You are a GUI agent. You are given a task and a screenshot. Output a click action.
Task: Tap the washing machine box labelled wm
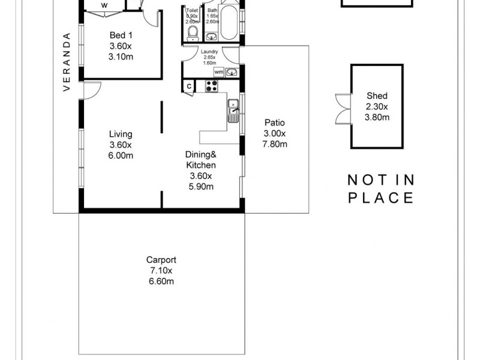(x=218, y=72)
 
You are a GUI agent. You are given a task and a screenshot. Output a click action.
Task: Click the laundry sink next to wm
(x=232, y=72)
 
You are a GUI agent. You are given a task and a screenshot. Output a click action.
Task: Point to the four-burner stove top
(x=211, y=86)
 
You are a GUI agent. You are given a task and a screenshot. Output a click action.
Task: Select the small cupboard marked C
(x=189, y=86)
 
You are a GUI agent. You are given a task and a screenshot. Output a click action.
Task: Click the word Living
(x=121, y=134)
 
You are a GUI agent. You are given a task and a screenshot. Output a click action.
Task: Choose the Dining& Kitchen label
(x=200, y=158)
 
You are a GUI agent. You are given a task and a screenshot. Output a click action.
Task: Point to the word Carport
(x=161, y=260)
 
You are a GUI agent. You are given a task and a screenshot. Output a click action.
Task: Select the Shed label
(x=377, y=95)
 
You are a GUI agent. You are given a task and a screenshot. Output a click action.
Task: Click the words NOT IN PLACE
(x=382, y=188)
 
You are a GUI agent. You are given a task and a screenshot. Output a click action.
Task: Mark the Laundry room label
(x=209, y=52)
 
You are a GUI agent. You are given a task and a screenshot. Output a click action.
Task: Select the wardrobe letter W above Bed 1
(x=104, y=5)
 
